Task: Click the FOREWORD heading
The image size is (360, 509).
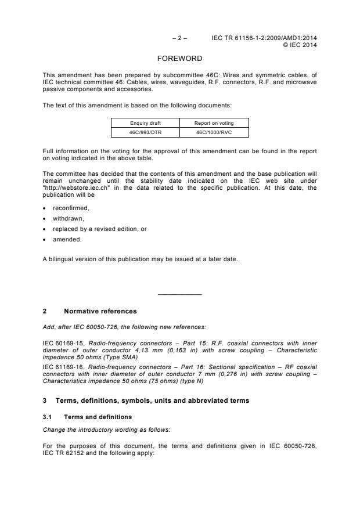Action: pos(179,59)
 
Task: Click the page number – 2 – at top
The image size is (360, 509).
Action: pos(179,38)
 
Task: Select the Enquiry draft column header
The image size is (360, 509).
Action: pos(145,124)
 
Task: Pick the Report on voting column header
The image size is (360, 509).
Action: pos(214,124)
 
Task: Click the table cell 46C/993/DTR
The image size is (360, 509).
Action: pos(145,132)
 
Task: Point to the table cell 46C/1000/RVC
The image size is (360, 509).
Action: pos(214,132)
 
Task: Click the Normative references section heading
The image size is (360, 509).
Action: pos(100,311)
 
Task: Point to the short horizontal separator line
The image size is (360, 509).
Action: pos(179,295)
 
